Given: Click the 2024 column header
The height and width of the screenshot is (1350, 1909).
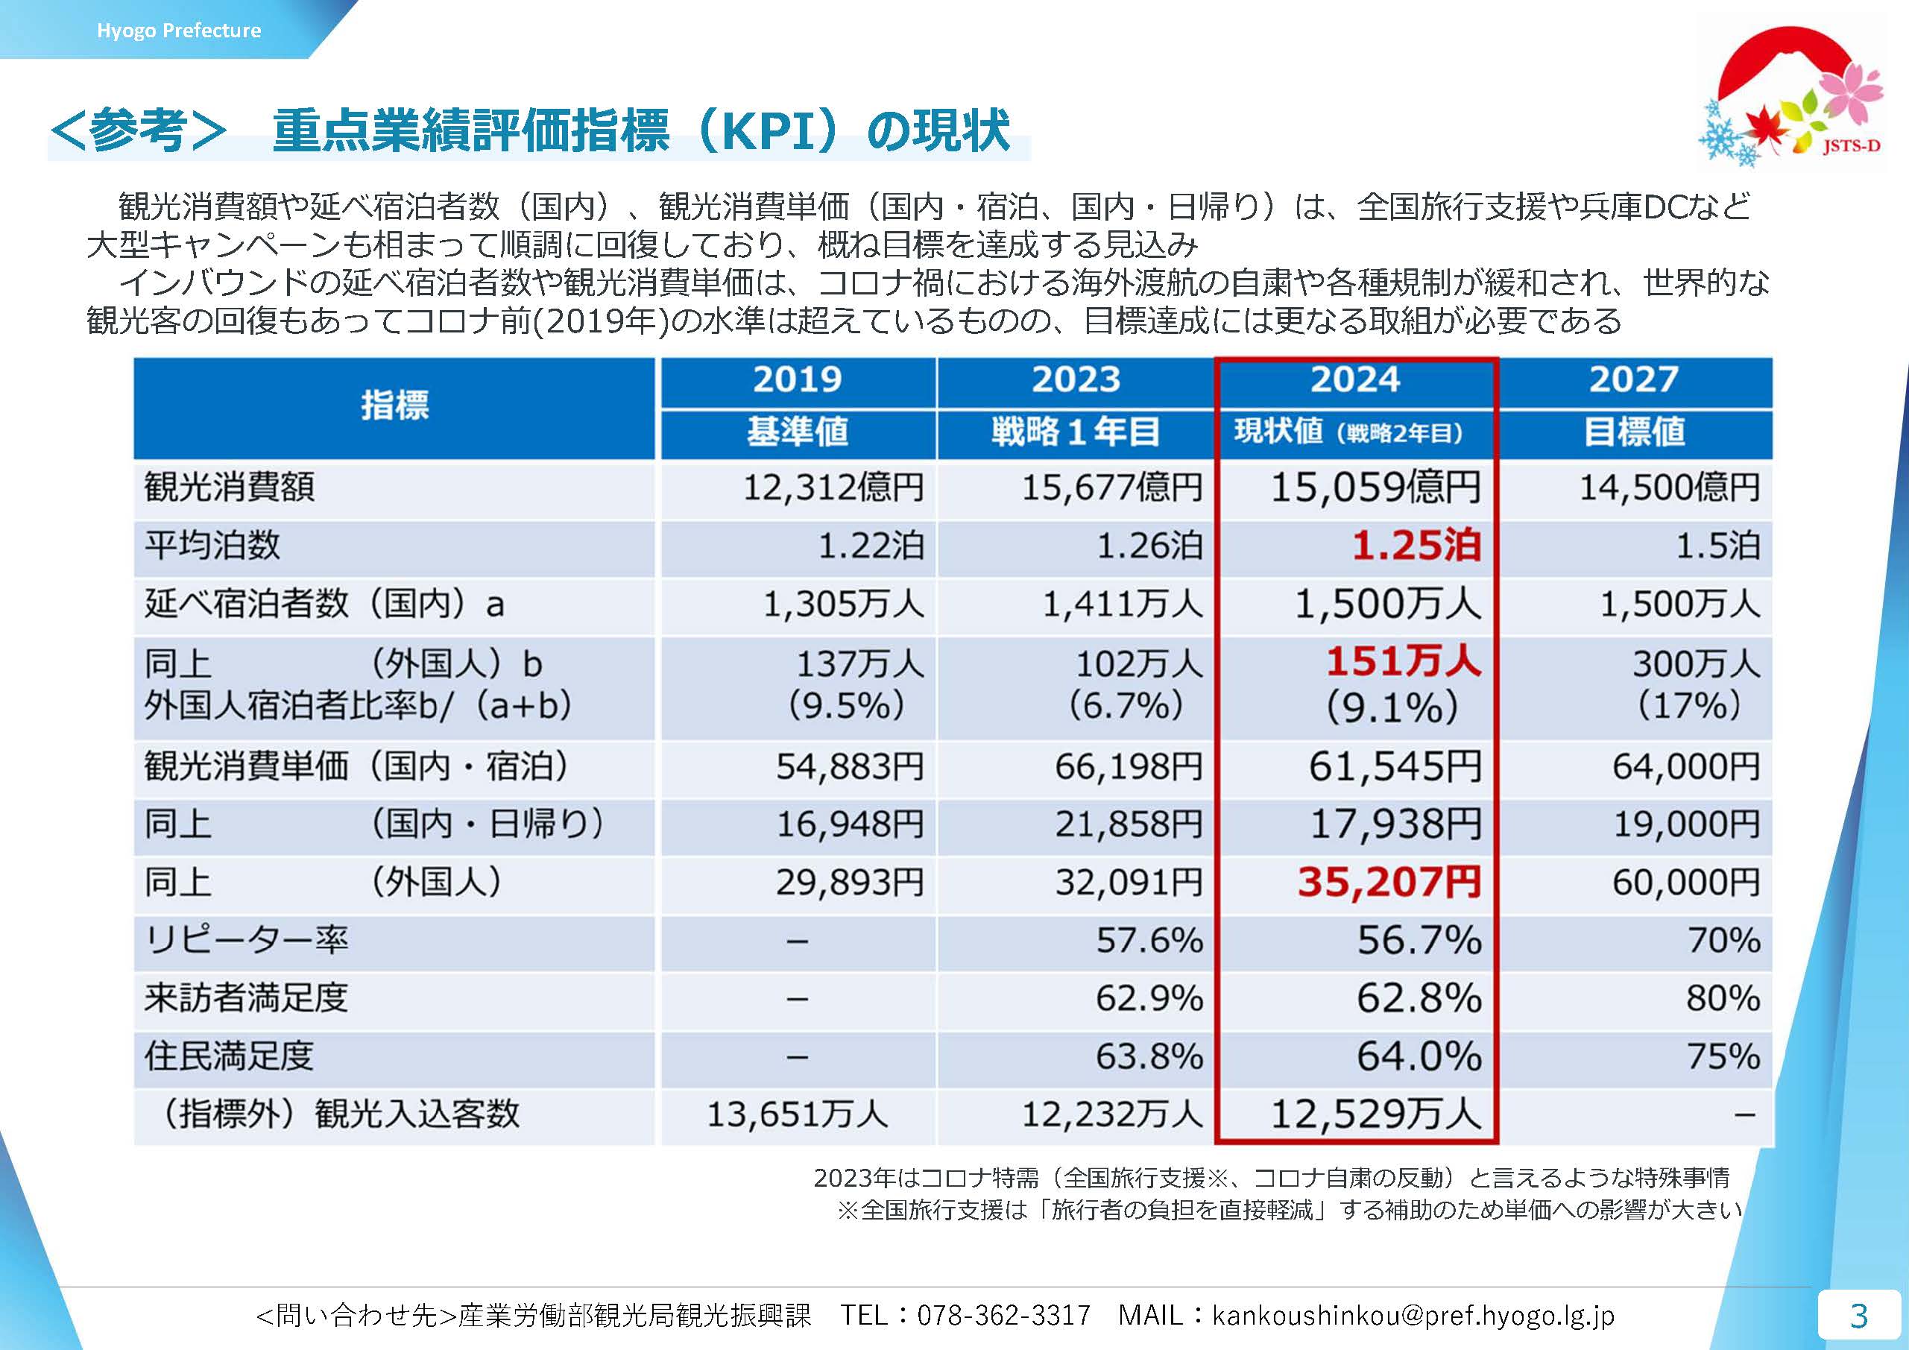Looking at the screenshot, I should (x=1355, y=380).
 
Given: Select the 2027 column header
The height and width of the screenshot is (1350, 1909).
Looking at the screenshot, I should (x=1634, y=380).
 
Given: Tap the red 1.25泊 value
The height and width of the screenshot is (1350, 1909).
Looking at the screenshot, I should (x=1416, y=546).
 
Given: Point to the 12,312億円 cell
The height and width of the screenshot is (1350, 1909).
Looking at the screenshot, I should (x=833, y=487).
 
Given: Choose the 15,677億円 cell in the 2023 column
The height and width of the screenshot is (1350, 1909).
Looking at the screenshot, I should (x=1111, y=487).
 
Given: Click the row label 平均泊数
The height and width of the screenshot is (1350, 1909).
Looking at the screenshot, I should (x=213, y=546).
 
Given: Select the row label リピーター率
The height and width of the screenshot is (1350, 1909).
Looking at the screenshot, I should (x=246, y=940).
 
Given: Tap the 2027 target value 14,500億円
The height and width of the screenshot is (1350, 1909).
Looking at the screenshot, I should (x=1670, y=487).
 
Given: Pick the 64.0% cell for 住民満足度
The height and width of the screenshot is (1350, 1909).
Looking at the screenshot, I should (x=1419, y=1056).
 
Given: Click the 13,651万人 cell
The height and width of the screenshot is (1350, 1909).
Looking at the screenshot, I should (x=798, y=1114).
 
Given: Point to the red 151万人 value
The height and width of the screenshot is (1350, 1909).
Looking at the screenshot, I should (x=1404, y=663).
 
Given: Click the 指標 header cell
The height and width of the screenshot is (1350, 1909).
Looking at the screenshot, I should (x=395, y=406).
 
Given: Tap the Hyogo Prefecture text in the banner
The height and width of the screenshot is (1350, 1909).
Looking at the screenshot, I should (x=179, y=31).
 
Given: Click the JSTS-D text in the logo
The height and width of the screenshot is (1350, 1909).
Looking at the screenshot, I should (x=1850, y=147).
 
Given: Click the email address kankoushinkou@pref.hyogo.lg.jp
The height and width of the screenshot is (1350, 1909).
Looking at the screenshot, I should (x=1413, y=1315).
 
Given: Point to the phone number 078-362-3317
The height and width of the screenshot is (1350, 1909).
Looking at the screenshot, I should (x=1003, y=1315).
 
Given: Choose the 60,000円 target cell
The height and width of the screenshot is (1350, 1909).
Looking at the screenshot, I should (x=1686, y=882).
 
